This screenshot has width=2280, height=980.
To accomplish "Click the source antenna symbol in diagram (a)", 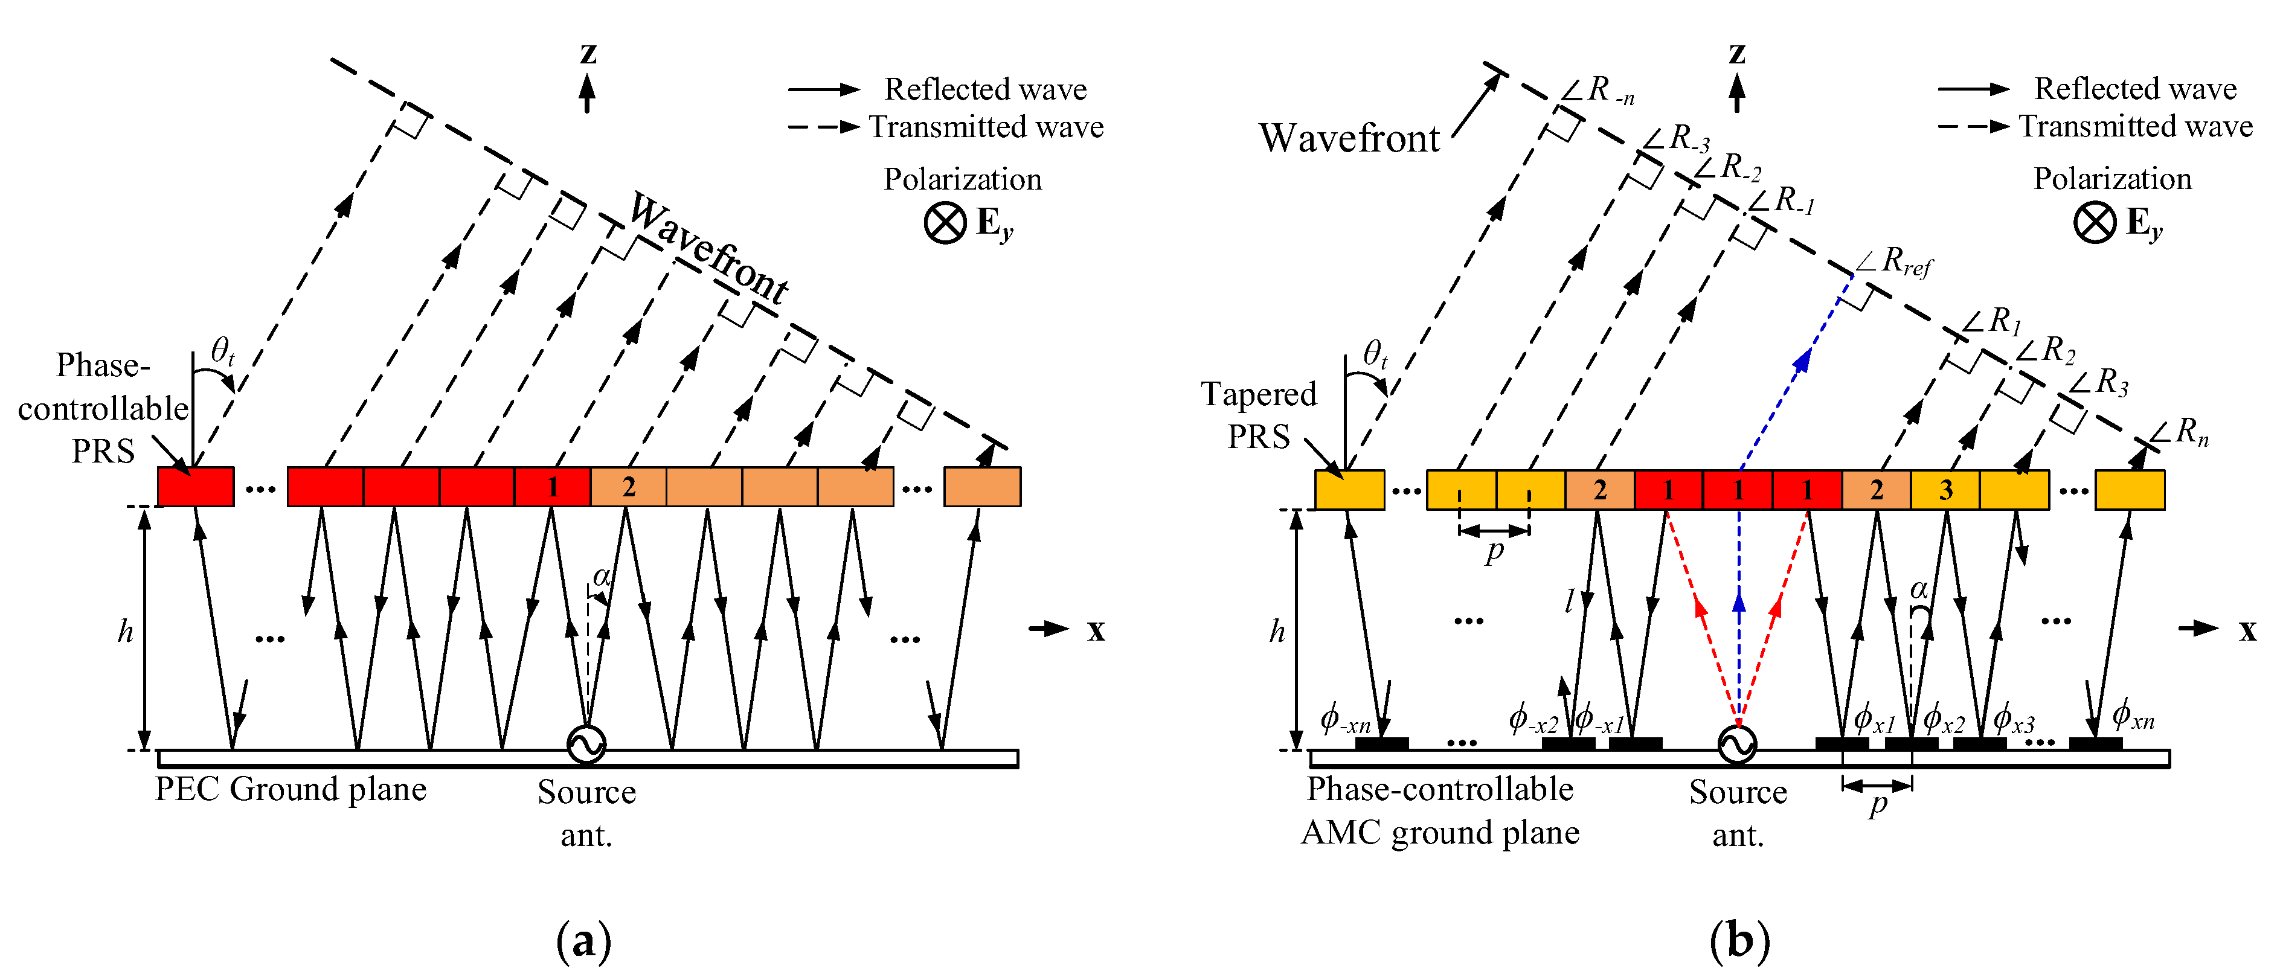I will (x=586, y=744).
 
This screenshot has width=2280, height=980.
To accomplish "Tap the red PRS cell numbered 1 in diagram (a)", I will (x=552, y=487).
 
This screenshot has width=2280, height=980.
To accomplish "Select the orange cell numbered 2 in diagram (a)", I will (x=628, y=487).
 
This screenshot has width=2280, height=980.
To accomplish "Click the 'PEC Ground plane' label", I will (x=291, y=789).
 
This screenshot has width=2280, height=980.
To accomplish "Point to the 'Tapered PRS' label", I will (x=1259, y=415).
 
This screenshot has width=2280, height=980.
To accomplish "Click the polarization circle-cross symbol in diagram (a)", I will (x=945, y=223).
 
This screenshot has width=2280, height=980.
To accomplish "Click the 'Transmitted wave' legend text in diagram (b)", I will (x=2135, y=126).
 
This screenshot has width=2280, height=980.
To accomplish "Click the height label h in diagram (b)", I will (x=1276, y=632).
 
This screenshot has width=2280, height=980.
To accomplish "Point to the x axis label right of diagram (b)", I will (x=2247, y=630).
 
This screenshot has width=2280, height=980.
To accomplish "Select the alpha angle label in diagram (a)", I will (x=601, y=578).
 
